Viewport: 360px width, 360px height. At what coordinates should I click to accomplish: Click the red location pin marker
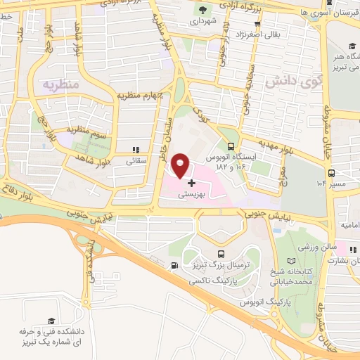181,165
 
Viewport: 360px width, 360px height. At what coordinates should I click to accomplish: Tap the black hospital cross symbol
192,183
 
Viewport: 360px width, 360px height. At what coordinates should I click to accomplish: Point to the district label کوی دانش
288,82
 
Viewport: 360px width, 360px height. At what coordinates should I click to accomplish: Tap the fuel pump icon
172,265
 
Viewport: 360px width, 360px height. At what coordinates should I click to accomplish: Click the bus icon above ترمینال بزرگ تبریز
221,254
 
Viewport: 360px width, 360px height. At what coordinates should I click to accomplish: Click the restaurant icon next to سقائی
136,149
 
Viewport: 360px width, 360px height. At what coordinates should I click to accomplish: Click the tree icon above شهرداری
204,10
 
